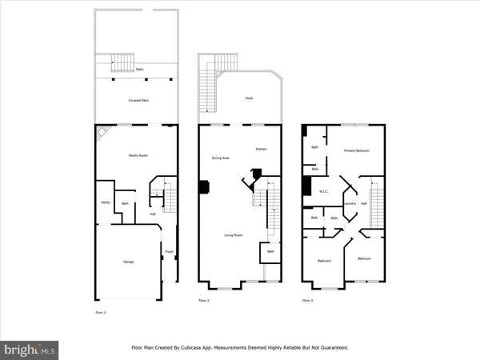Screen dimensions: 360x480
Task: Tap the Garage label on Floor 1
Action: click(x=128, y=262)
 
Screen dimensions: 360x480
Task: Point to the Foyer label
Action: click(x=169, y=253)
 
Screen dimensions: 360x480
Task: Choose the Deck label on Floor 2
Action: click(x=249, y=98)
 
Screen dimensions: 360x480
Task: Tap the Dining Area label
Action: click(x=221, y=158)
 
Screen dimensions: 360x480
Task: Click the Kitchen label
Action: click(x=261, y=150)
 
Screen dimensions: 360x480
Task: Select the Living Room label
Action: click(x=233, y=235)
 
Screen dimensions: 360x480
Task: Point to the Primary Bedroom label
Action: click(x=356, y=150)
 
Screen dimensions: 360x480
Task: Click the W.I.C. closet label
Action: click(x=325, y=191)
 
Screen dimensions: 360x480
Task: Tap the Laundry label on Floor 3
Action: click(x=350, y=204)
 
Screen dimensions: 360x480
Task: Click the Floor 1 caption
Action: click(x=100, y=312)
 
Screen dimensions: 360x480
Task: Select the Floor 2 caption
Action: click(x=203, y=301)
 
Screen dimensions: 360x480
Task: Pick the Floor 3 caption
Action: click(x=308, y=301)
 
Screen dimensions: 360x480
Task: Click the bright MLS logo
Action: click(x=30, y=350)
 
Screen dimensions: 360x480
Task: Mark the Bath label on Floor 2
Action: click(x=271, y=253)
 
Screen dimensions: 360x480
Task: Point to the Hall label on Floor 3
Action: click(x=363, y=204)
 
